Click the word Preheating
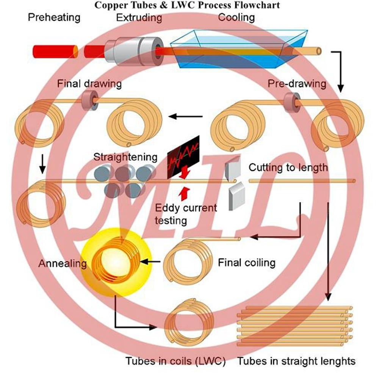(x=54, y=17)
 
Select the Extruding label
(x=139, y=17)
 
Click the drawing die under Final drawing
(x=88, y=100)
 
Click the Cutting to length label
(x=288, y=167)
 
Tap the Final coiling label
(x=247, y=262)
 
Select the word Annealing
(x=63, y=263)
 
